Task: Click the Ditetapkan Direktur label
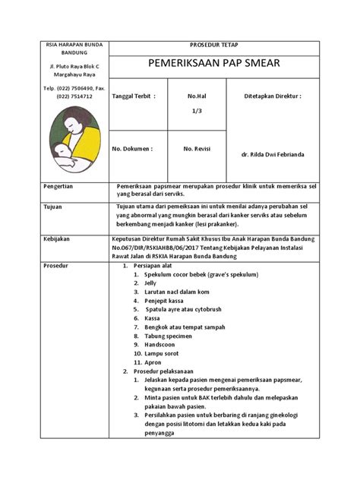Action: [x=273, y=97]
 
